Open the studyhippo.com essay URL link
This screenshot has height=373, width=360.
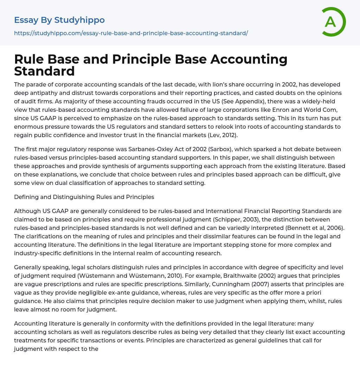pos(131,33)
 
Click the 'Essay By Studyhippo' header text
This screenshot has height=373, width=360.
pos(59,20)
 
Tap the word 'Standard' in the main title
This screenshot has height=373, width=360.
pos(44,71)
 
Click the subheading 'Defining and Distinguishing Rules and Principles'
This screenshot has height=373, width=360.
pos(84,197)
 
